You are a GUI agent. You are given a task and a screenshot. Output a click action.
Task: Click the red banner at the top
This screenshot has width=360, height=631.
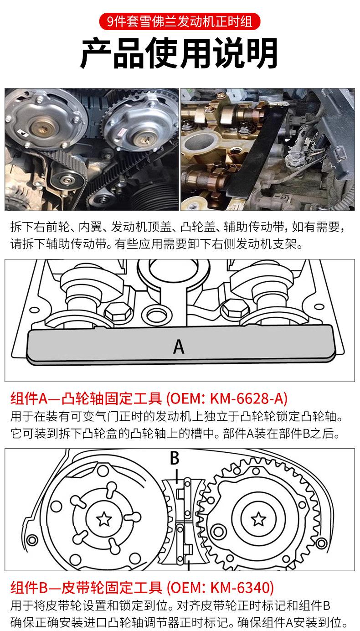(180, 21)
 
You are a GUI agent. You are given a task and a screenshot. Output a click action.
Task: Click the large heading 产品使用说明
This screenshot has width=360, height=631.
(180, 53)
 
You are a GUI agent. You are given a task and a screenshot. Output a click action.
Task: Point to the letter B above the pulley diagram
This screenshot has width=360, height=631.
(175, 458)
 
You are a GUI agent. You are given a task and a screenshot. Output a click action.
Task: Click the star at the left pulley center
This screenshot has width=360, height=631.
(104, 519)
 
